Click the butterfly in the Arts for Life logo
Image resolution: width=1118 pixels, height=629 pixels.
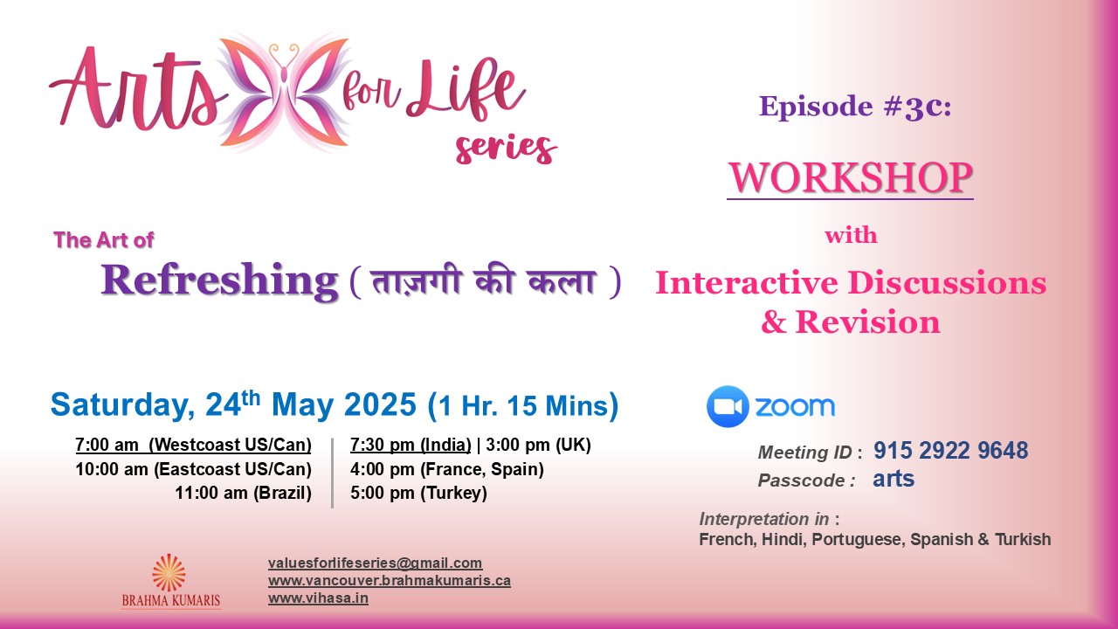tap(285, 93)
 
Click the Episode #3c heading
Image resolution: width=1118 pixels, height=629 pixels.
tap(855, 107)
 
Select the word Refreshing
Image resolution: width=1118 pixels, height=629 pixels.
tap(219, 280)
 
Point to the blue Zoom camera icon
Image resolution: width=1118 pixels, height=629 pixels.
tap(728, 406)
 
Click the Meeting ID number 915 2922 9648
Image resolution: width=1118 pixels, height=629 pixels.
tap(950, 450)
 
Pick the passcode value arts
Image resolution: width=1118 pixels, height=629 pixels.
tap(894, 480)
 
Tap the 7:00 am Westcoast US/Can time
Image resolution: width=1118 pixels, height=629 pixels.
tap(193, 445)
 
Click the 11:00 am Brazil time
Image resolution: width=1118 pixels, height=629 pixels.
tap(243, 494)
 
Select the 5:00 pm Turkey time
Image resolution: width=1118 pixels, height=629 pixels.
tap(418, 494)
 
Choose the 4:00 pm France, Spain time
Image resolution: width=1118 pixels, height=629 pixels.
tap(447, 469)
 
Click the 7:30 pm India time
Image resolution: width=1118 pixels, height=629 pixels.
tap(411, 445)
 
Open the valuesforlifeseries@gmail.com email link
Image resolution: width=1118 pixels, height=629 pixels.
tap(376, 563)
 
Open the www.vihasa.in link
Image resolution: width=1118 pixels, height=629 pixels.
tap(319, 598)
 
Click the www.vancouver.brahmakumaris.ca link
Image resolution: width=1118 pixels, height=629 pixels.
tap(390, 581)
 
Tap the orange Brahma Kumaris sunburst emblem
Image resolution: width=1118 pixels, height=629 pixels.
tap(169, 572)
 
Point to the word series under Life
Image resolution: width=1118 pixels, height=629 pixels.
tap(506, 149)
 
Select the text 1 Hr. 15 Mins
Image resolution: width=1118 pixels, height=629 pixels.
tap(523, 405)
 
